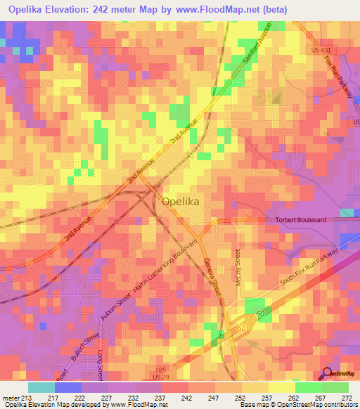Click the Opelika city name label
click(x=181, y=200)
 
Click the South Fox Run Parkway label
click(x=309, y=267)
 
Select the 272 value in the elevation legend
click(x=347, y=397)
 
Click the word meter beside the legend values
click(x=10, y=397)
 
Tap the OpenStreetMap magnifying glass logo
click(x=327, y=374)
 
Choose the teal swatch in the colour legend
click(x=41, y=387)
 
